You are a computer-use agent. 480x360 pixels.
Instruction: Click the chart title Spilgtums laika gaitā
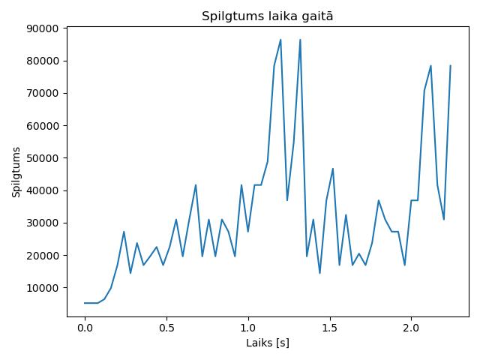coord(267,16)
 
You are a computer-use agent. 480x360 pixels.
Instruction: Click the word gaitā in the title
coord(316,16)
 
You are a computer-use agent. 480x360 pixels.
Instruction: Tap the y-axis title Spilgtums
coord(16,172)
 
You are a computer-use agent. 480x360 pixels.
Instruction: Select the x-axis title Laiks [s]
coord(268,343)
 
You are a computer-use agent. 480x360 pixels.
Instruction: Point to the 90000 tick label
coord(43,28)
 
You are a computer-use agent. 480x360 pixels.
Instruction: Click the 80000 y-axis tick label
coord(43,61)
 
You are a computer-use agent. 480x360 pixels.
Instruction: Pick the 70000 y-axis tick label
coord(43,94)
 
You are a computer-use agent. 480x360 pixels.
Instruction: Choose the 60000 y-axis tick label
coord(43,126)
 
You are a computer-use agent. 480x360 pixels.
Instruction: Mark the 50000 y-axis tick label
coord(43,158)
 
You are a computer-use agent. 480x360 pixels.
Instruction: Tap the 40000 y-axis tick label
coord(43,191)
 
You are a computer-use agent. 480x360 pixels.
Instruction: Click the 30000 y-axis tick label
coord(43,223)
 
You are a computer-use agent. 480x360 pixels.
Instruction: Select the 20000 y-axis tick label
coord(43,256)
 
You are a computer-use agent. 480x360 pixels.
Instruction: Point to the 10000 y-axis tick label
coord(43,288)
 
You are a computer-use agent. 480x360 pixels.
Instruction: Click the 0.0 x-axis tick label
coord(85,328)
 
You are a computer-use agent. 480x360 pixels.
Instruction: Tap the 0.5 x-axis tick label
coord(166,328)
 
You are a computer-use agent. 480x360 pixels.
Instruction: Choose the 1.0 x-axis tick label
coord(248,328)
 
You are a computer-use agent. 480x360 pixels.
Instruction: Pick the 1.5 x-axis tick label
coord(329,328)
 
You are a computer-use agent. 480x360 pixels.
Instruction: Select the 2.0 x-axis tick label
coord(411,328)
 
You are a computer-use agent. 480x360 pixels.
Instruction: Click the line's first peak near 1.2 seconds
coord(280,40)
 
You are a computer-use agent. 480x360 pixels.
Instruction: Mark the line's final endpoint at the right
coord(450,65)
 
